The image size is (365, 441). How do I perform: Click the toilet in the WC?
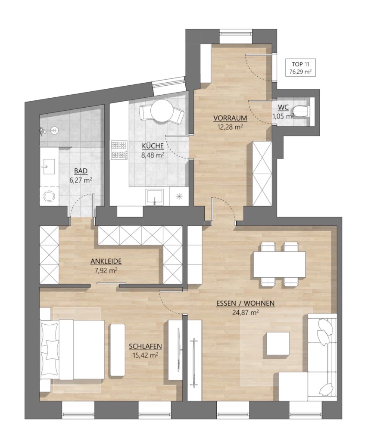point(301,112)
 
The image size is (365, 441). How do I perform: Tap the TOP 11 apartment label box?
point(300,68)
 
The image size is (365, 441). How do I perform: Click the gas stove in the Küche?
point(119,150)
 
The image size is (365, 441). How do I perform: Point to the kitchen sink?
point(155,196)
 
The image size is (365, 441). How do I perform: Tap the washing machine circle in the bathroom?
point(49,196)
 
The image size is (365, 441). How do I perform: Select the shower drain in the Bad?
point(54,130)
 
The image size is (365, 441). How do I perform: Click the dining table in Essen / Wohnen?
point(279,264)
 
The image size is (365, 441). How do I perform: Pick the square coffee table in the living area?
point(278,343)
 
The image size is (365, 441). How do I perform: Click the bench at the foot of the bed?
point(118,350)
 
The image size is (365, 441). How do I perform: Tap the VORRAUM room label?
point(230,118)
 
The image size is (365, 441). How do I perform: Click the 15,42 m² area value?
point(145,355)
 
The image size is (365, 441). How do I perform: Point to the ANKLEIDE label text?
point(106,261)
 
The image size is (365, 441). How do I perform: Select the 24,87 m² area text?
point(246,312)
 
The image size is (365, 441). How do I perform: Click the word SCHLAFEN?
point(145,346)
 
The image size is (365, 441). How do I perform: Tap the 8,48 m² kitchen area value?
point(153,155)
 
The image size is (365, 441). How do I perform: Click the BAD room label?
point(81,171)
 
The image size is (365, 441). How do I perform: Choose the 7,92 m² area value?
point(106,270)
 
